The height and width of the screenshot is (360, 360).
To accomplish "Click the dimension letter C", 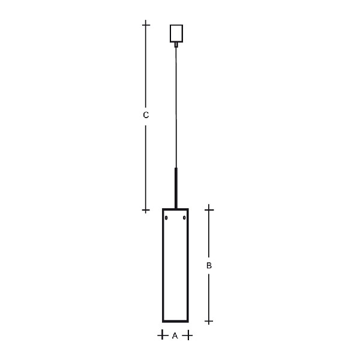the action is click(146, 115).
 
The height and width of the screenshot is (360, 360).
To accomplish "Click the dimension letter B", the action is click(209, 266).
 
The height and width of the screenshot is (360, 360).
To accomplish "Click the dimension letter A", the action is click(175, 335).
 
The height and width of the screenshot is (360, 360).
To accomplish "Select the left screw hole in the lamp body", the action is click(166, 218).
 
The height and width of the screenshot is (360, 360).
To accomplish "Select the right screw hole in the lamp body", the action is click(184, 217).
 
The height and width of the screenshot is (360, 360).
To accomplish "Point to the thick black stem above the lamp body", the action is click(176, 188).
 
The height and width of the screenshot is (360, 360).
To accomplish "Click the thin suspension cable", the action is click(176, 107).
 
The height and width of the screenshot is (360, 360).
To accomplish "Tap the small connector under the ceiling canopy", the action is click(176, 45).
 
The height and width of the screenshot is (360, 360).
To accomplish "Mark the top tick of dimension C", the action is click(146, 25).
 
